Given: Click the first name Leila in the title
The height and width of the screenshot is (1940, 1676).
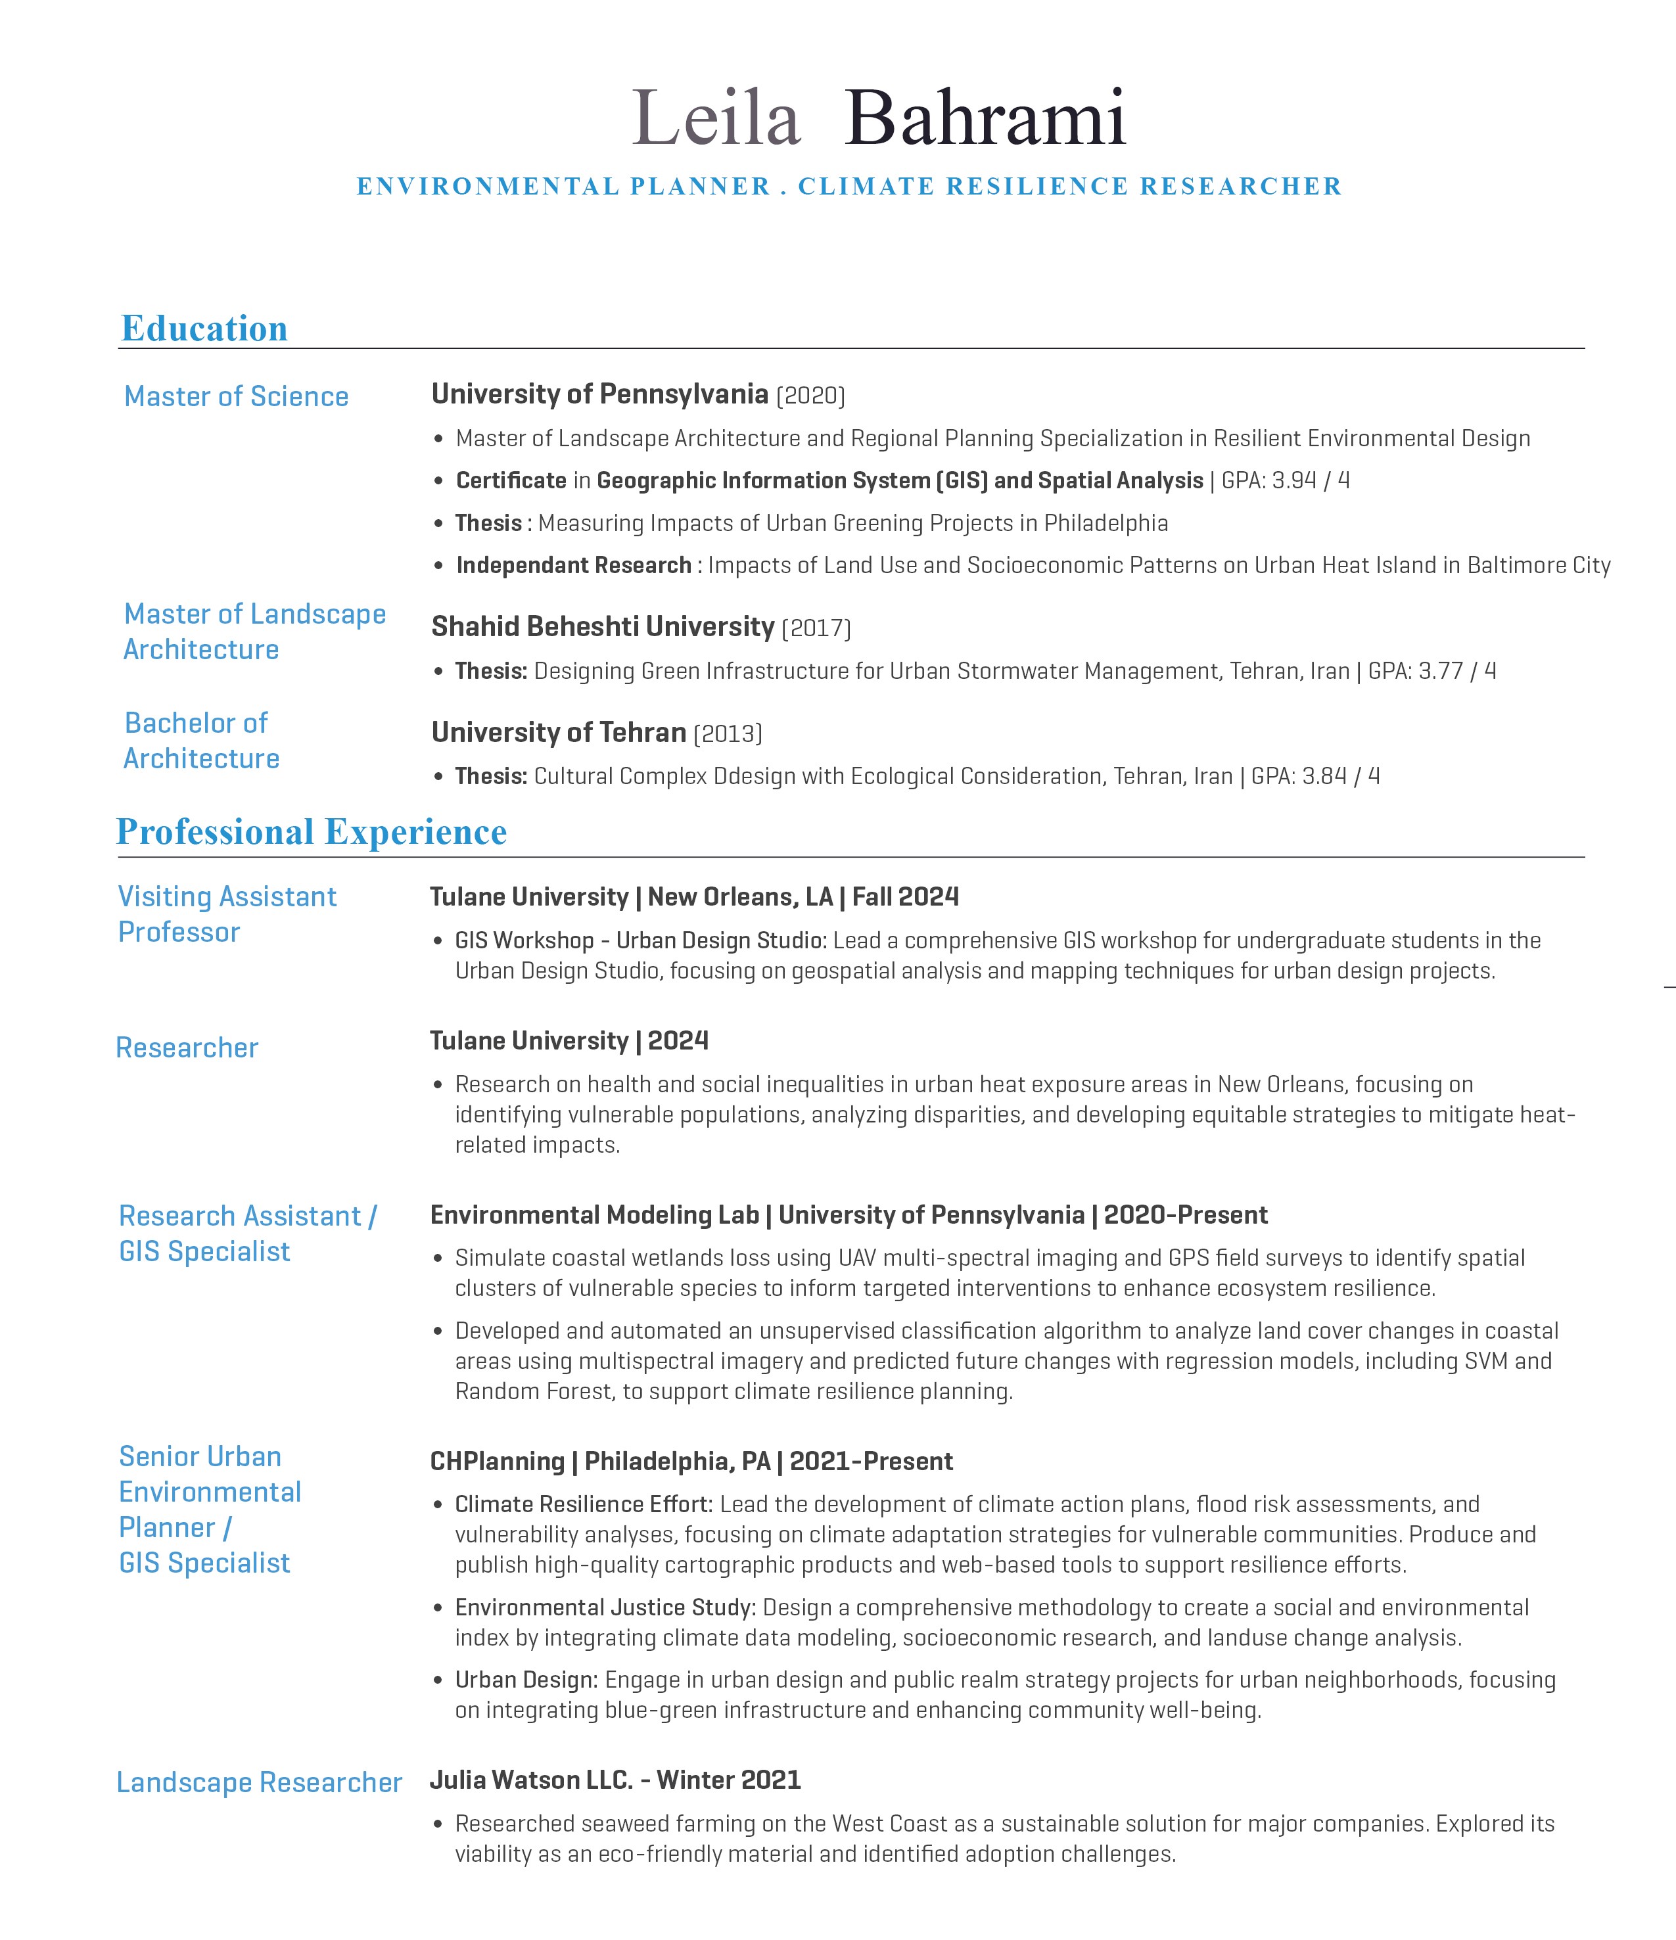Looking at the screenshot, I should coord(716,119).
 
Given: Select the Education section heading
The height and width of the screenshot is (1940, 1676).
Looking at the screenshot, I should coord(204,329).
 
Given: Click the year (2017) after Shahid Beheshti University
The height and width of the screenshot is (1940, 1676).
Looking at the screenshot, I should coord(816,628).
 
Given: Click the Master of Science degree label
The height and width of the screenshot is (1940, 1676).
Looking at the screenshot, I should coord(236,397).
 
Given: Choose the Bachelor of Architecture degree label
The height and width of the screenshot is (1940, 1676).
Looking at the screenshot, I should coord(200,741).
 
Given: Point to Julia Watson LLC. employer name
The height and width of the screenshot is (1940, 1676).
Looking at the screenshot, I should coord(532,1780).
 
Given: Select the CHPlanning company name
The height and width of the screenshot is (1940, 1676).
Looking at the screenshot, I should coord(496,1462).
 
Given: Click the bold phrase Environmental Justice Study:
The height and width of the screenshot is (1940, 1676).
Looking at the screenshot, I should coord(605,1607).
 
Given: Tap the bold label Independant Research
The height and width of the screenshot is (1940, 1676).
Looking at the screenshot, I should coord(573,566).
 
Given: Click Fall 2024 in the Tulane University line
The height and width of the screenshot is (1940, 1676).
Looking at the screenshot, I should coord(906,897).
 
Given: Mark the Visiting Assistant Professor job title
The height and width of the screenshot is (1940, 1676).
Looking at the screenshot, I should coord(227,914).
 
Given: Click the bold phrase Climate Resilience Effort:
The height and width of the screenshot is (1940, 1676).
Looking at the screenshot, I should coord(584,1505).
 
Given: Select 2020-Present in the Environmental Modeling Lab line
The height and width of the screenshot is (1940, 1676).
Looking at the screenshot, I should coord(1186,1215).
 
